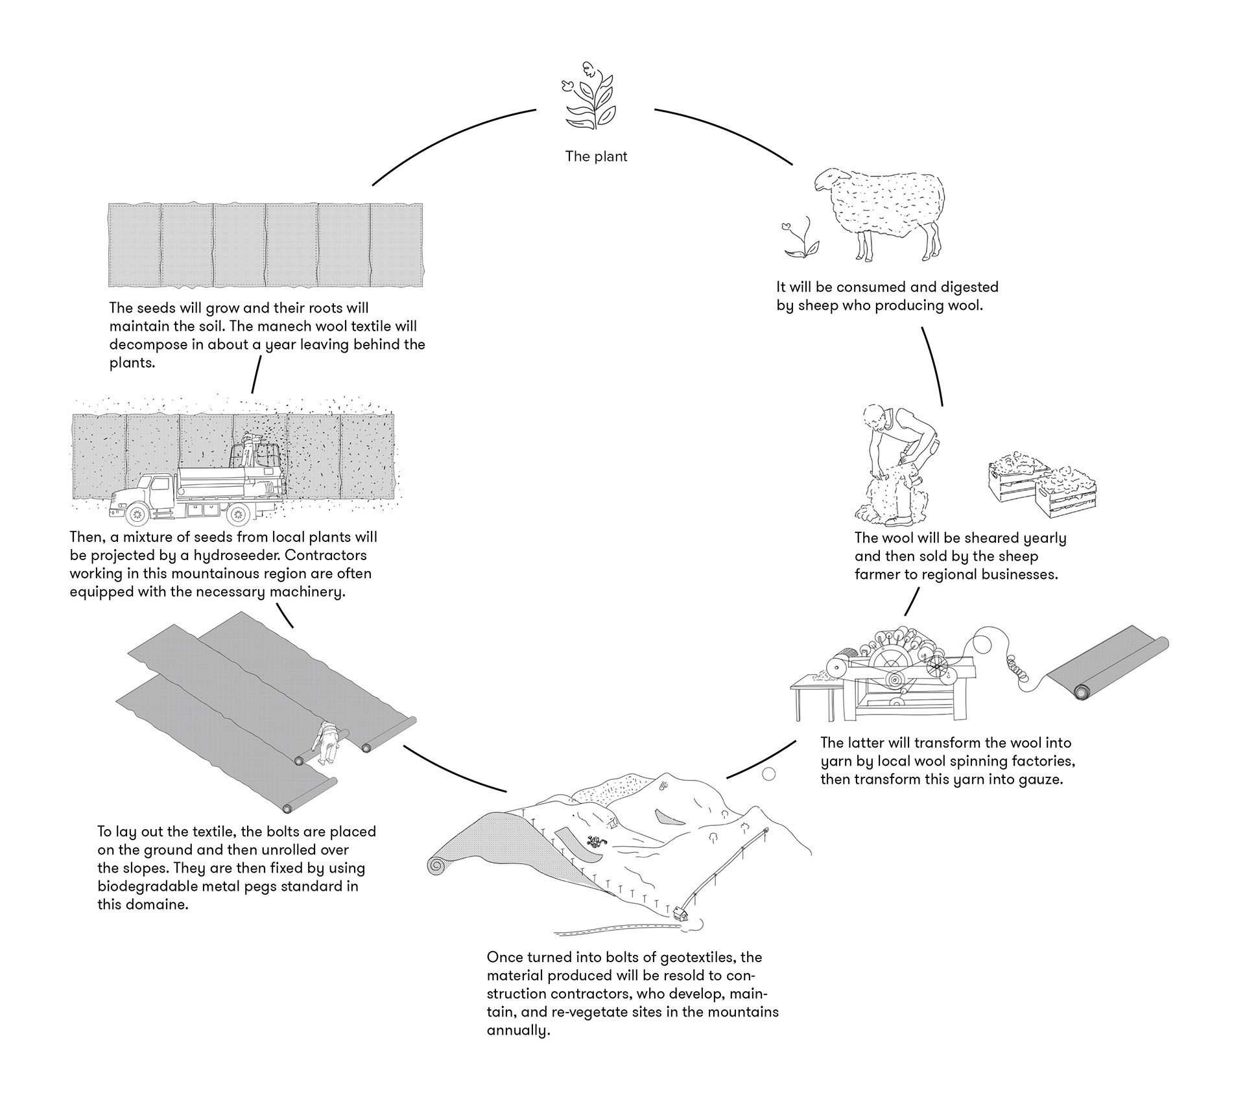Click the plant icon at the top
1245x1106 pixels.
[x=590, y=97]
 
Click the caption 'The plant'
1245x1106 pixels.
[x=596, y=156]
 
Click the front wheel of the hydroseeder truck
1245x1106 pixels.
[x=137, y=515]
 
